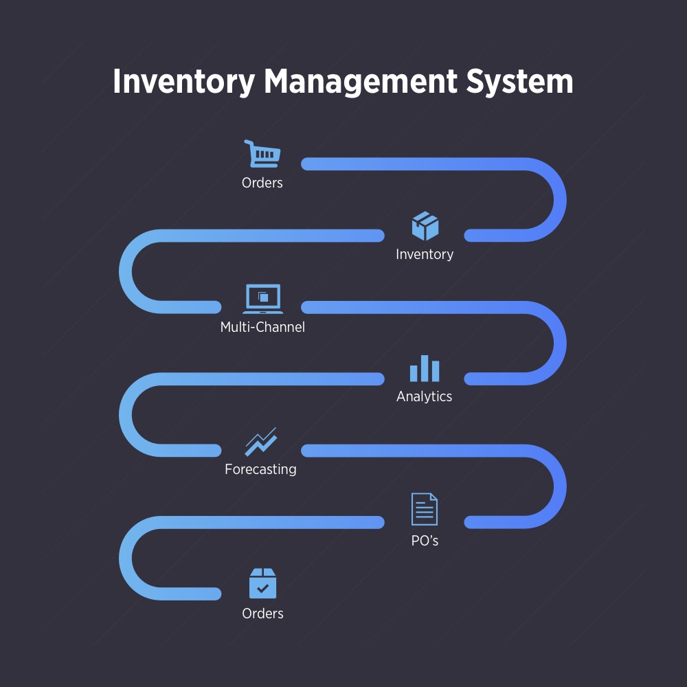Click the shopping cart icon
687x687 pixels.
[x=262, y=154]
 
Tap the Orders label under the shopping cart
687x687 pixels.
[x=262, y=183]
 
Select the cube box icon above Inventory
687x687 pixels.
[x=425, y=226]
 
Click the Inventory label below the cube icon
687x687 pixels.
[x=425, y=254]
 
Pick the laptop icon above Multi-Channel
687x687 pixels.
[x=262, y=299]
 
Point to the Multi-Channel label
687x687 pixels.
[x=262, y=327]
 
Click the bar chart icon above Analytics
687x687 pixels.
[x=425, y=369]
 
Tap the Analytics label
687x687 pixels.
[x=425, y=396]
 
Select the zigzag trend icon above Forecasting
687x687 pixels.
[x=261, y=442]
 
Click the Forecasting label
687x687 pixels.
[x=261, y=470]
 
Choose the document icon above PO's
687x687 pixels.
[x=425, y=509]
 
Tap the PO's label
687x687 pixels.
[x=425, y=541]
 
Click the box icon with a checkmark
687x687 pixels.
[x=262, y=583]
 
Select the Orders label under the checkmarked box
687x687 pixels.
[x=262, y=613]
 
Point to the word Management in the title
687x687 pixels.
[x=361, y=81]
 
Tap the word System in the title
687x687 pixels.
[x=520, y=82]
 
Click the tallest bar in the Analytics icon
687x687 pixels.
[x=425, y=368]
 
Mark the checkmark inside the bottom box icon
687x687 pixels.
[x=262, y=588]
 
